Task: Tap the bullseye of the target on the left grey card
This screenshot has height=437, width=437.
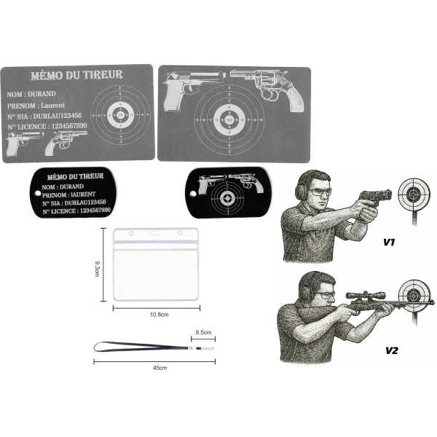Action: tap(121, 114)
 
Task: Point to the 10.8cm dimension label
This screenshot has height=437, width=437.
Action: tap(155, 315)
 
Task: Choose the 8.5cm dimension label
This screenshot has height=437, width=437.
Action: tap(202, 333)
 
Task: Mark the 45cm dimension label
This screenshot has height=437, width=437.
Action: tap(155, 369)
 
